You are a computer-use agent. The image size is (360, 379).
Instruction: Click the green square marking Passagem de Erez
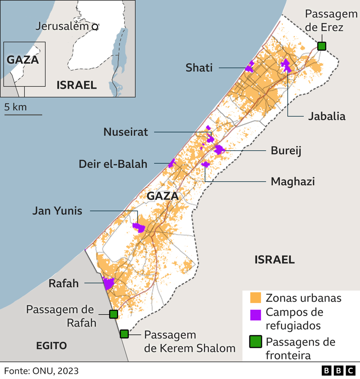321,46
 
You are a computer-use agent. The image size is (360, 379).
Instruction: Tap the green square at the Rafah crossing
113,314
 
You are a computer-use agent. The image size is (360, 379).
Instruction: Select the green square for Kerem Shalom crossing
124,334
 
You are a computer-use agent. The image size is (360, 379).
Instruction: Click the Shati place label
199,68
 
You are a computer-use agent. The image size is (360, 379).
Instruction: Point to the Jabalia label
327,116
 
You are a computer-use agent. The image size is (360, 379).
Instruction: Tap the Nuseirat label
126,132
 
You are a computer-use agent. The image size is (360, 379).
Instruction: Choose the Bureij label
287,150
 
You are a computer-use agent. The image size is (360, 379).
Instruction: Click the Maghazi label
293,181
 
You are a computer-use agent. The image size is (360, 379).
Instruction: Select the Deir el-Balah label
113,164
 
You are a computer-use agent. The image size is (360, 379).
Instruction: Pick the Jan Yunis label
57,211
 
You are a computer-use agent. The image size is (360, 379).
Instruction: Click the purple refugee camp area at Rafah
108,283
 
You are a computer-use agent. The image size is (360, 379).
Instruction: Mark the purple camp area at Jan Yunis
139,227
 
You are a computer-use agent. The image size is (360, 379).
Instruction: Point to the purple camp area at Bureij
219,149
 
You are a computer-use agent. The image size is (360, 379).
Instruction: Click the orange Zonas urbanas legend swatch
255,298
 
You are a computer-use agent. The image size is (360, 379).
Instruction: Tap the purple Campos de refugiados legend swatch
255,315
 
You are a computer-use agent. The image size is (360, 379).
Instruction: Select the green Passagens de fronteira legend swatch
255,343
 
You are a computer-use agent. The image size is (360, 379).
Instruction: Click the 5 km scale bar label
15,107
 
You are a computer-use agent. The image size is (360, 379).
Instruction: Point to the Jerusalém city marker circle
94,27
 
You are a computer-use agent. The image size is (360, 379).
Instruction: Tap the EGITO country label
52,345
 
